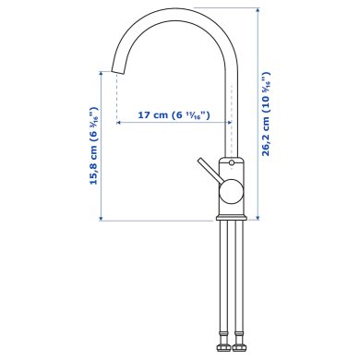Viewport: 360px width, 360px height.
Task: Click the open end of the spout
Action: click(x=117, y=70)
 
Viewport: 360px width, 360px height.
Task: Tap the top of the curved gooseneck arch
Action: click(x=173, y=13)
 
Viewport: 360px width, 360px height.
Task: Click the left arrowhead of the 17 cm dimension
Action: click(x=119, y=123)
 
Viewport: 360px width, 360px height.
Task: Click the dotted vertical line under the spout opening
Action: click(x=116, y=97)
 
